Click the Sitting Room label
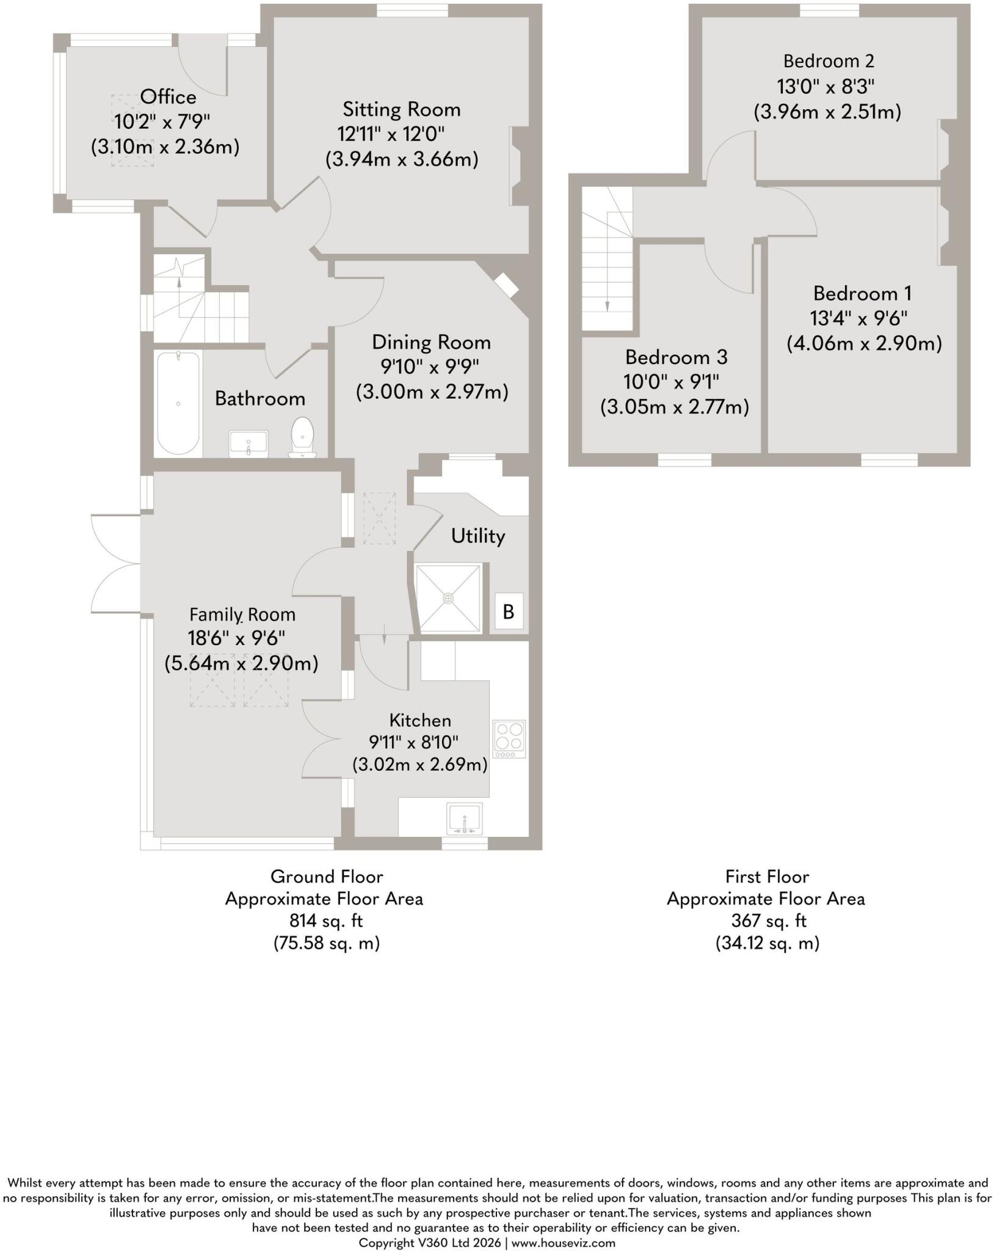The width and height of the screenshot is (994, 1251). tap(401, 110)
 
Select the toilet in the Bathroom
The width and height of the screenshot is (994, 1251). tap(303, 437)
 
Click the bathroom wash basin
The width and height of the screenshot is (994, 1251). tap(248, 443)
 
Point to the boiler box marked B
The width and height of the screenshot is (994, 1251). tap(509, 611)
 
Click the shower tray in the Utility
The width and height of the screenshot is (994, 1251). tap(449, 597)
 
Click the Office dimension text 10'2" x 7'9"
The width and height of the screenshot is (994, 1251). tap(162, 122)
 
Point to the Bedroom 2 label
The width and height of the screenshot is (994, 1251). tap(829, 61)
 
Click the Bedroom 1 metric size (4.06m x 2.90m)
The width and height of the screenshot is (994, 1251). tap(864, 343)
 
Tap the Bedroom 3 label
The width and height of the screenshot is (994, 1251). tap(676, 357)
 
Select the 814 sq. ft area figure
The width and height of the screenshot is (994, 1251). tap(326, 921)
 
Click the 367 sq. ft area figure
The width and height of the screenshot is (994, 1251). tap(768, 921)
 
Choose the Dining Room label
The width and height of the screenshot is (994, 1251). tap(431, 342)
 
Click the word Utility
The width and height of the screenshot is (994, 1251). tap(478, 536)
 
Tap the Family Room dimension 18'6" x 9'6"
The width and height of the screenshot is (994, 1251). tap(237, 639)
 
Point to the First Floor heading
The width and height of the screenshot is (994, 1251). tap(767, 877)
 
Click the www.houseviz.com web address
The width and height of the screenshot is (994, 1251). tap(564, 1242)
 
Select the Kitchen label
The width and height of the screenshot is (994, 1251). tap(420, 721)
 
